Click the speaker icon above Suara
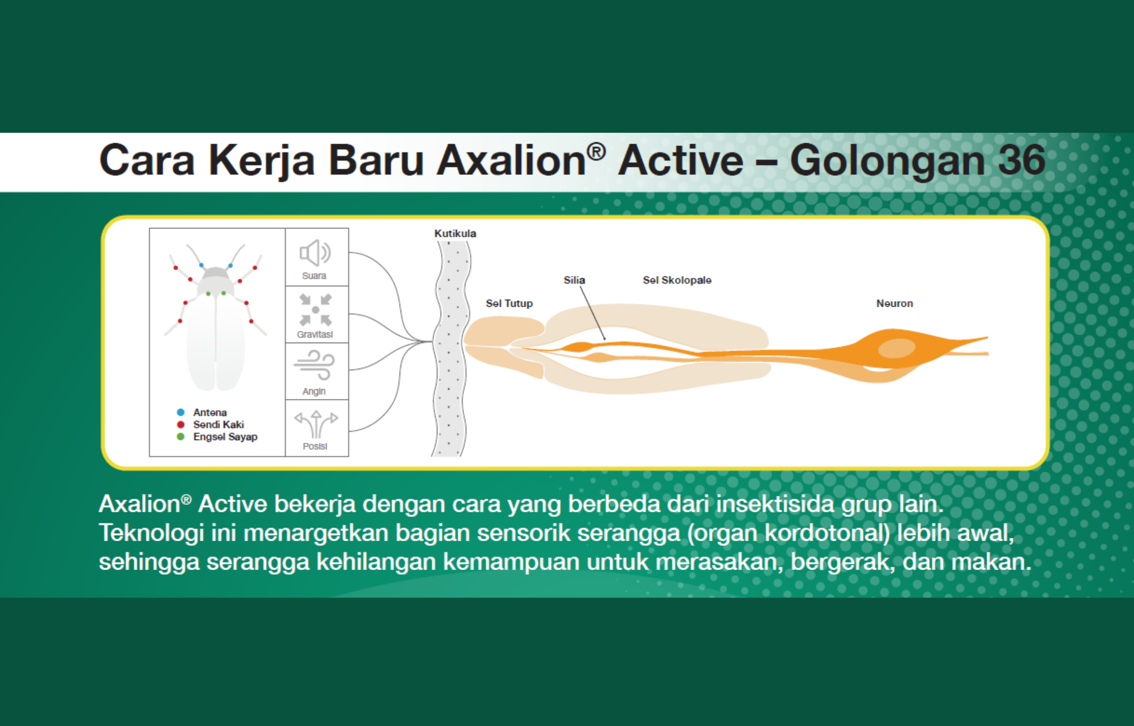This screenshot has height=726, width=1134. point(315,253)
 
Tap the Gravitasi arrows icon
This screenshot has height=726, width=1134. point(315,310)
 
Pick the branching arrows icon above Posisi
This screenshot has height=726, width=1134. point(316,424)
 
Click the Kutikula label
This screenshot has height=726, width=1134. point(455,233)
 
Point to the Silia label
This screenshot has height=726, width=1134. point(574,280)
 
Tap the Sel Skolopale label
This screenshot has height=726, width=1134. point(677,280)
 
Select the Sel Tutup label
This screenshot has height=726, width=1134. point(509,303)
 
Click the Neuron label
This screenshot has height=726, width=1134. point(894,303)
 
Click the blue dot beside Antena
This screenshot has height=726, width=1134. point(180,412)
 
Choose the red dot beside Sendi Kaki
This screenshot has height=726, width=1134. point(180,424)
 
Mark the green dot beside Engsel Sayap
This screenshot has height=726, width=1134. point(180,437)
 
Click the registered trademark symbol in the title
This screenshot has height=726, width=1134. point(596,152)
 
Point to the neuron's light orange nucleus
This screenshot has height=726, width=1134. point(896,348)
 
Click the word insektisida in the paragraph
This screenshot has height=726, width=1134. point(775,504)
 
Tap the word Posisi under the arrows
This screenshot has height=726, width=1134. point(315,446)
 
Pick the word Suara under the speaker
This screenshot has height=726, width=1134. point(314,276)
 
